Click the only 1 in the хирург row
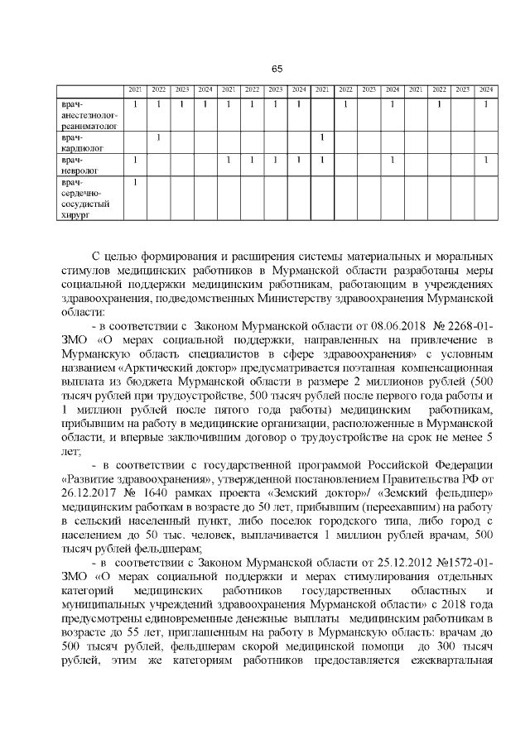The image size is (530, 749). point(135,181)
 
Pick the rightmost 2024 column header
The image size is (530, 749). point(486,89)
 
